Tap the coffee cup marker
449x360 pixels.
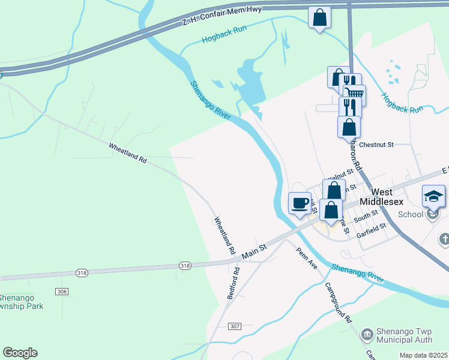click(300, 203)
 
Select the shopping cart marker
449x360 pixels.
click(354, 93)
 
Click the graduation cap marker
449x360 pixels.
click(434, 196)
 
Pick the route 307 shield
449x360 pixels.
click(235, 326)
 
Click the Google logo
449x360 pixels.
click(20, 353)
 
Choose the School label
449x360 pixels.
click(411, 214)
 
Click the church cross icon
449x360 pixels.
click(444, 239)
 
